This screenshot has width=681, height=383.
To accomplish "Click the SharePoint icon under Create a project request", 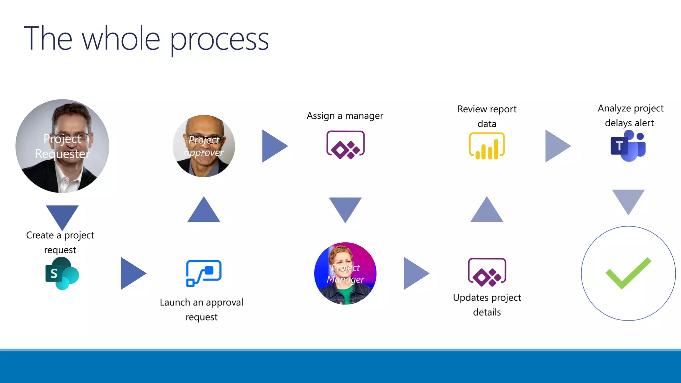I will coord(62,273).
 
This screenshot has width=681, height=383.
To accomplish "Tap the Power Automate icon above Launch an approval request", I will coord(204,273).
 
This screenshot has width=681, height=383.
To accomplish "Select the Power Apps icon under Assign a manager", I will coord(345,145).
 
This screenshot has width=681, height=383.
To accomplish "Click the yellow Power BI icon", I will coord(486,146).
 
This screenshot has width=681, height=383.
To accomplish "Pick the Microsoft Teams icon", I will coord(628,146).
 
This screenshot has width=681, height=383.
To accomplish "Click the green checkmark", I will coord(628,273).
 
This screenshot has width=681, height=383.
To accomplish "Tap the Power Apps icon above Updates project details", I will coord(487,272).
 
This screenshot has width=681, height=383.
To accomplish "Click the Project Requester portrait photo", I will coord(62,146).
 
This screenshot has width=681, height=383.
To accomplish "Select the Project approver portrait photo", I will coord(204,146).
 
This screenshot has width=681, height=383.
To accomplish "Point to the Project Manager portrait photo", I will coord(345,273).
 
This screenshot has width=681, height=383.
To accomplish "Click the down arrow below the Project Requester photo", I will coord(62,215).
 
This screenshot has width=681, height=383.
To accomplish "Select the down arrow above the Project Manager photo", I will coord(345,208).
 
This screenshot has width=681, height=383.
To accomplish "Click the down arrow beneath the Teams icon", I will coord(628,199).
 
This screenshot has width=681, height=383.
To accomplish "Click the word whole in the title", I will coord(121,39).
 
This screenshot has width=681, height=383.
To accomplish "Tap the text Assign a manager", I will coord(345,116).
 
